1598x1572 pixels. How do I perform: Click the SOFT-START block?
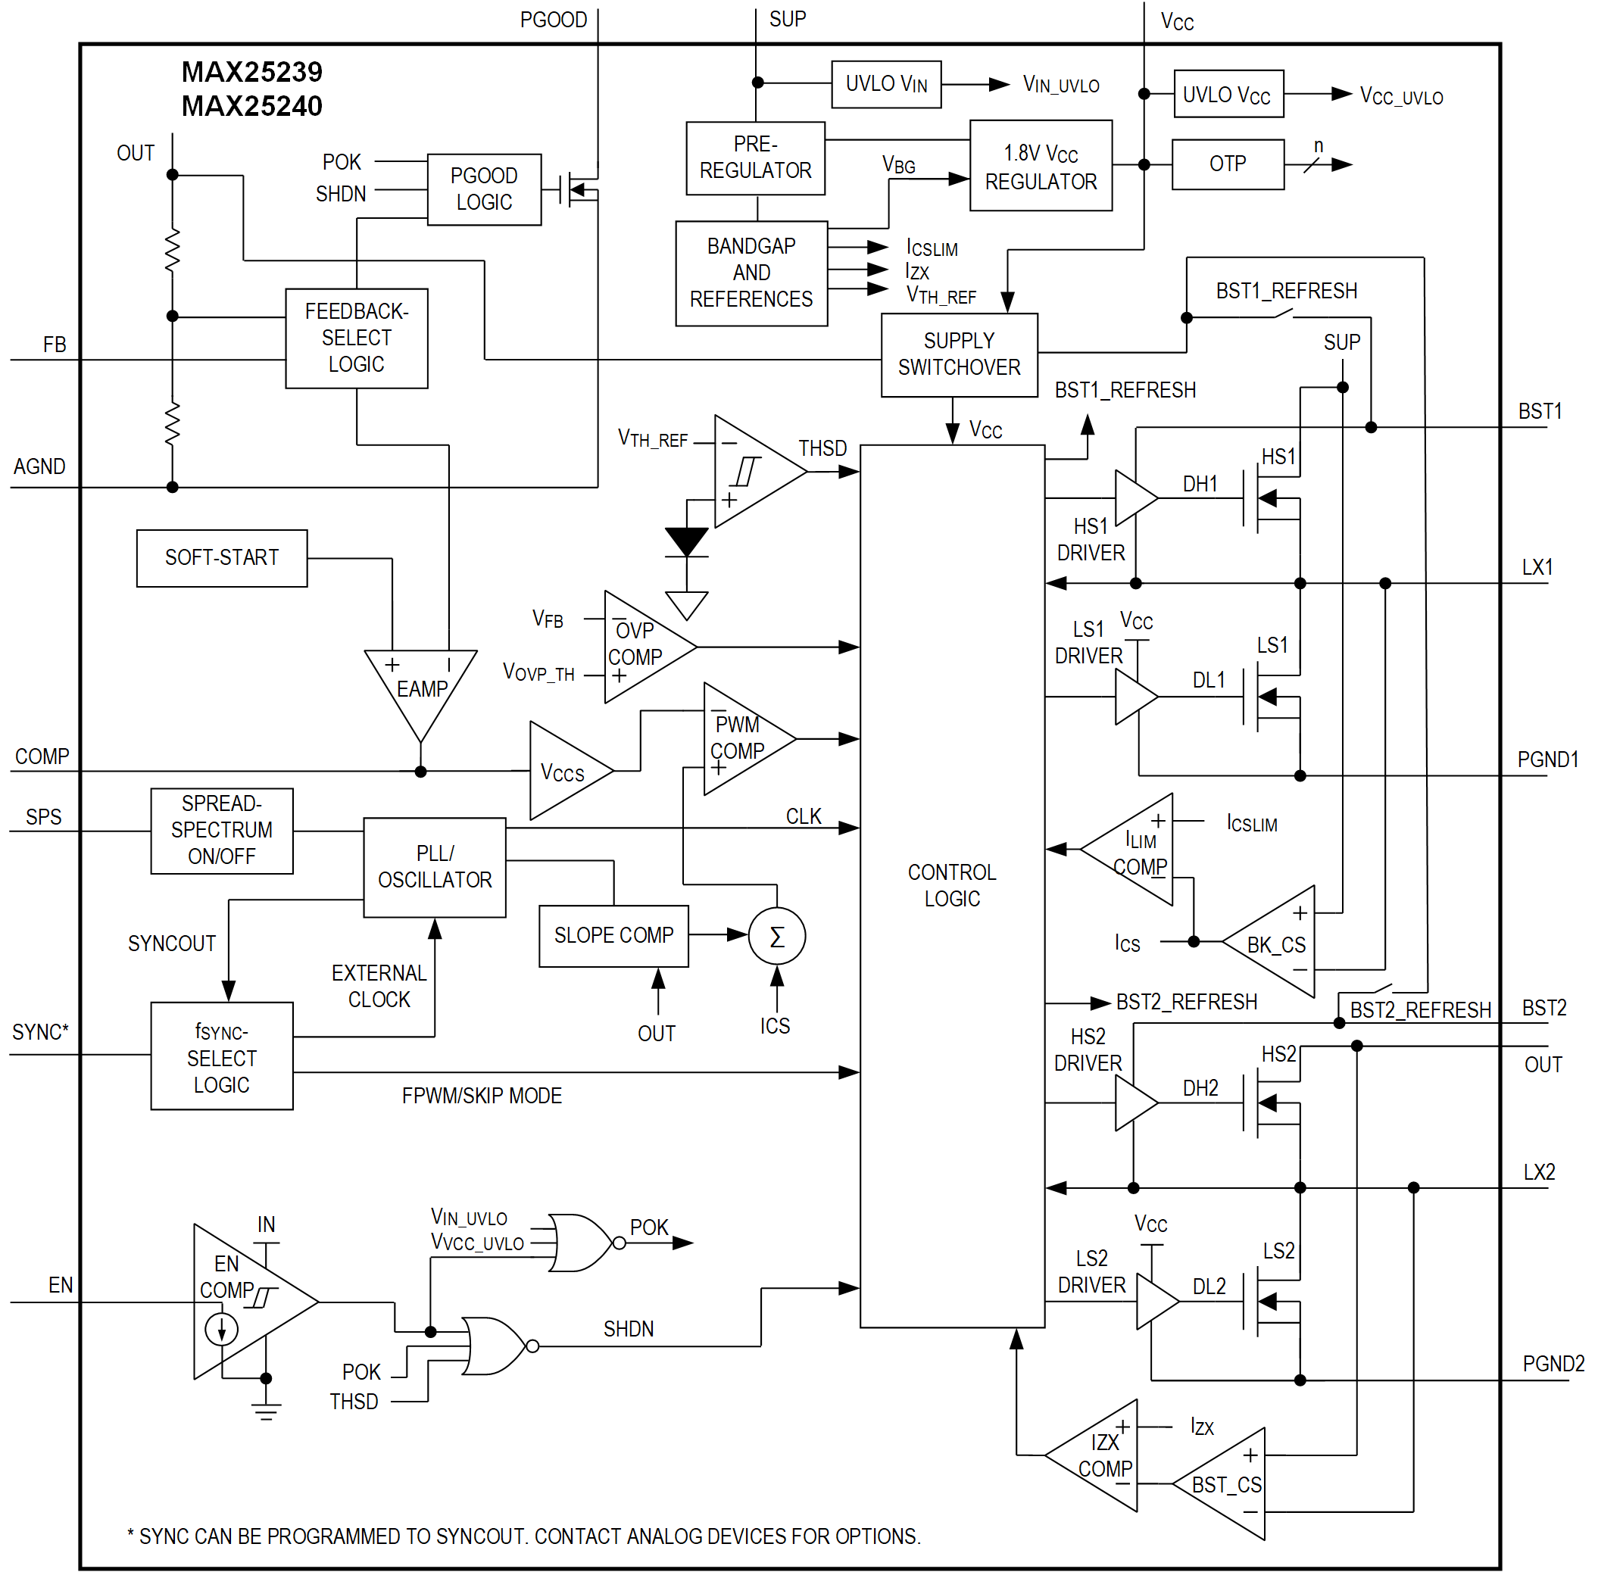click(x=221, y=558)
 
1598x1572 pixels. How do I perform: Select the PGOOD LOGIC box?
click(x=484, y=189)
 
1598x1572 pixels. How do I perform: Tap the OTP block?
click(x=1227, y=164)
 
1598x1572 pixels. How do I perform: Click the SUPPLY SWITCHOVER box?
click(x=959, y=354)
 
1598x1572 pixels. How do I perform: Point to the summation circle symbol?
click(x=776, y=936)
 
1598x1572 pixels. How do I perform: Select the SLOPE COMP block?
click(x=613, y=935)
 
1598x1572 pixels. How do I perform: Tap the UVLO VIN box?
click(x=885, y=84)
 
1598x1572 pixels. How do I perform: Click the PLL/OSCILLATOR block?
click(x=435, y=867)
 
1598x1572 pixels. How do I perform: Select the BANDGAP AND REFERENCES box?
click(x=751, y=273)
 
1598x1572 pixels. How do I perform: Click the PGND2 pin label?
click(x=1553, y=1364)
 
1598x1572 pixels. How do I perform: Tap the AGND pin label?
click(x=39, y=466)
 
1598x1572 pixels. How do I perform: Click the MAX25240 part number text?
click(x=252, y=107)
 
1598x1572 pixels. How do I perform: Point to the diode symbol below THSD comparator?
click(x=686, y=542)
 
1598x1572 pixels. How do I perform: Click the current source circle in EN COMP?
click(x=221, y=1329)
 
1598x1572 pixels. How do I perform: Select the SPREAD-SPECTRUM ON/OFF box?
click(x=221, y=830)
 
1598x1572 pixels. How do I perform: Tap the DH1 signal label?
click(x=1199, y=484)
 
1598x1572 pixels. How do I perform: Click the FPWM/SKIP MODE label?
click(x=482, y=1096)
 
